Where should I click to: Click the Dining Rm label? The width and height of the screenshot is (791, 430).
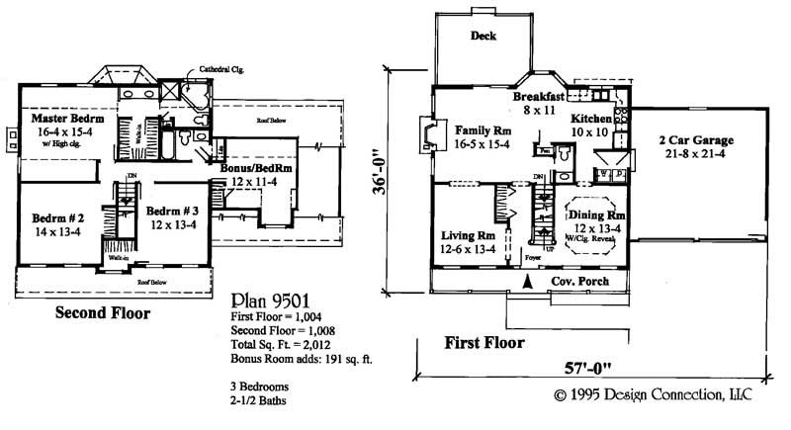coord(596,215)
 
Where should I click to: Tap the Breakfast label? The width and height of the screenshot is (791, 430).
coord(538,97)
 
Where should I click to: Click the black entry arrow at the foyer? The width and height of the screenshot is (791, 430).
coord(526,284)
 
